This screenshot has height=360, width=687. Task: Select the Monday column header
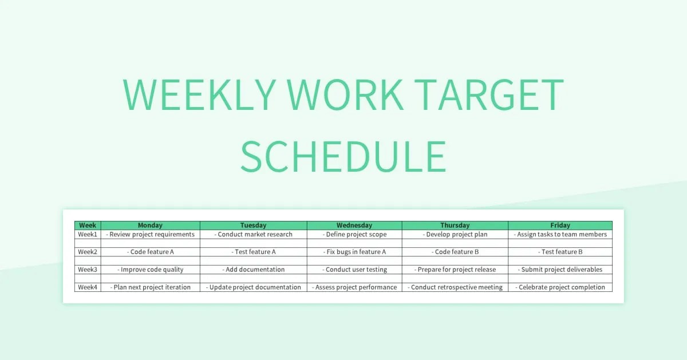pyautogui.click(x=150, y=226)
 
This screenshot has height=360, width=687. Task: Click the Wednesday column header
pyautogui.click(x=354, y=226)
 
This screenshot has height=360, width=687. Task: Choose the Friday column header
pyautogui.click(x=560, y=226)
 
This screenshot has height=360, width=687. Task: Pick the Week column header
pyautogui.click(x=88, y=226)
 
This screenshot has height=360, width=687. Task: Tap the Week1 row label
pyautogui.click(x=88, y=234)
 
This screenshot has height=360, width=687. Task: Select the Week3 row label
pyautogui.click(x=88, y=270)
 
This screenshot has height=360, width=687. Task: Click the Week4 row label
pyautogui.click(x=88, y=287)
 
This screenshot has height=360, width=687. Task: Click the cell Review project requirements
pyautogui.click(x=150, y=234)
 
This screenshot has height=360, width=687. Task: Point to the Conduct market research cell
pyautogui.click(x=254, y=234)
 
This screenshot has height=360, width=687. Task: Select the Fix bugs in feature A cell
pyautogui.click(x=354, y=252)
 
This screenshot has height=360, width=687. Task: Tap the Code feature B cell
pyautogui.click(x=455, y=252)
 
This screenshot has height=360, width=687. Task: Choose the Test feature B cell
pyautogui.click(x=560, y=252)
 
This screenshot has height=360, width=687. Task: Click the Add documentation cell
pyautogui.click(x=254, y=270)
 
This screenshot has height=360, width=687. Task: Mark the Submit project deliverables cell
pyautogui.click(x=560, y=270)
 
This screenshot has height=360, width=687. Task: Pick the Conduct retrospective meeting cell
pyautogui.click(x=455, y=287)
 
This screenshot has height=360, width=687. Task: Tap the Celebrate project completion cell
pyautogui.click(x=560, y=287)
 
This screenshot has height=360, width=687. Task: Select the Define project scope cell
pyautogui.click(x=354, y=234)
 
